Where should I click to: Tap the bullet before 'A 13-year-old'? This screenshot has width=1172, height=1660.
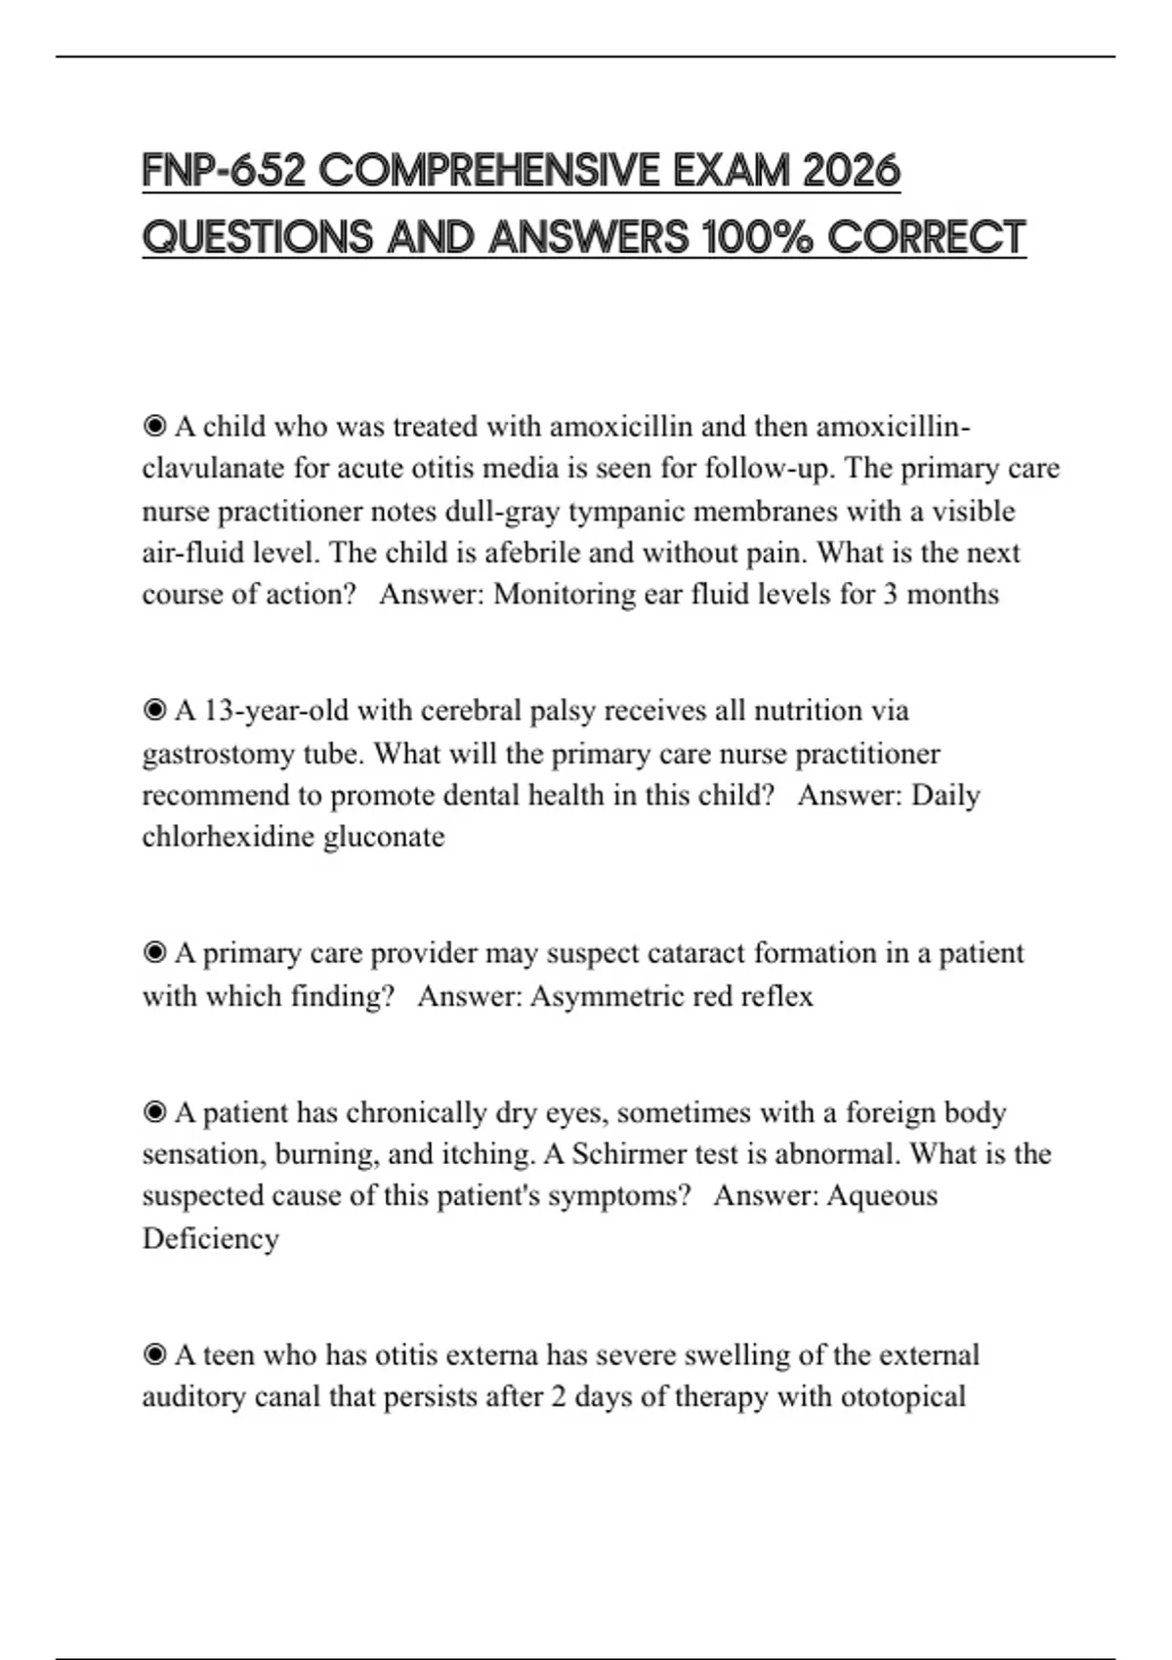(x=154, y=711)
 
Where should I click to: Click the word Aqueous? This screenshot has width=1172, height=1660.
(x=881, y=1196)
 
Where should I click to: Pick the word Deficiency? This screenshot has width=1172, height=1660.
(x=210, y=1238)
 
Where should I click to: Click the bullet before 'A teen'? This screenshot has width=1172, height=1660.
(x=154, y=1355)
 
